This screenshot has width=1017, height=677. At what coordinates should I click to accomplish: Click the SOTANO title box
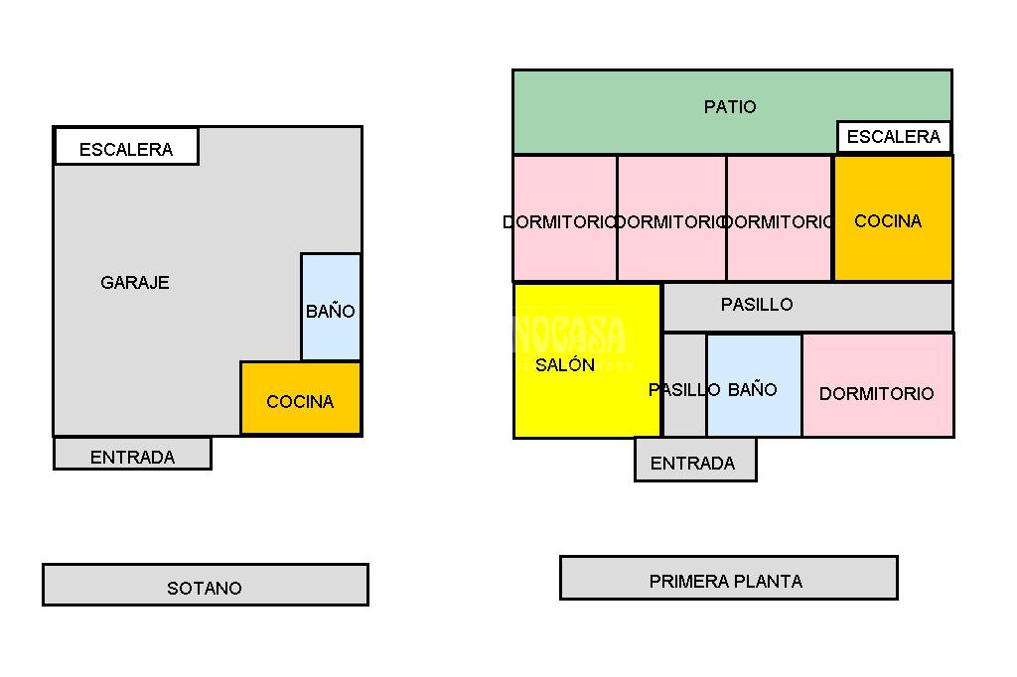tap(205, 585)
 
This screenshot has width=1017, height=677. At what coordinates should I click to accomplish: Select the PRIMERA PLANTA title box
tap(728, 578)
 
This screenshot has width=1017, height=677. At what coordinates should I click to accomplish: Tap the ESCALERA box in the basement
tap(126, 147)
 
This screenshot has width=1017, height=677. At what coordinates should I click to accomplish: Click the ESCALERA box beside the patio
tap(894, 136)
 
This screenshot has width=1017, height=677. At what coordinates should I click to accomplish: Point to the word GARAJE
tap(135, 282)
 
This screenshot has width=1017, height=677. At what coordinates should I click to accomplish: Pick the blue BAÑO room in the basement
tap(331, 308)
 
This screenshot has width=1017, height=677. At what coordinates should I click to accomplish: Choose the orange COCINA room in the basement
tap(301, 398)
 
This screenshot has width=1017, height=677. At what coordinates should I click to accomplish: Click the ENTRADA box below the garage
tap(132, 454)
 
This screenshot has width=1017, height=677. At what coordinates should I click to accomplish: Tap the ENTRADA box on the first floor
tap(694, 461)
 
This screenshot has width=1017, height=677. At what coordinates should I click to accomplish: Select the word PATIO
tap(730, 106)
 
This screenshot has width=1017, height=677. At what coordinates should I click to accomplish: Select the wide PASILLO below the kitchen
tap(806, 306)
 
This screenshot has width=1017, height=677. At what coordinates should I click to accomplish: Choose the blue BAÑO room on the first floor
tap(754, 387)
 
